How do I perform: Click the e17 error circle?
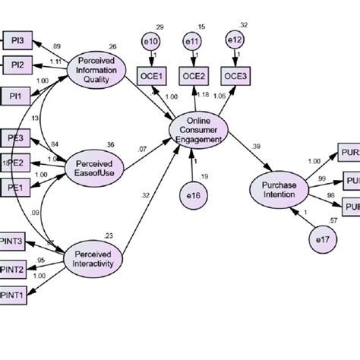click(x=323, y=240)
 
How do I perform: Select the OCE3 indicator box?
click(x=233, y=75)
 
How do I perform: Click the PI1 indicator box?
click(x=15, y=96)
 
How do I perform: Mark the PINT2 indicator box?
click(x=13, y=267)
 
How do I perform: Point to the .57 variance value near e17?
click(x=332, y=219)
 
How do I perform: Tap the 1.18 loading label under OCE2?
click(x=202, y=94)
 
